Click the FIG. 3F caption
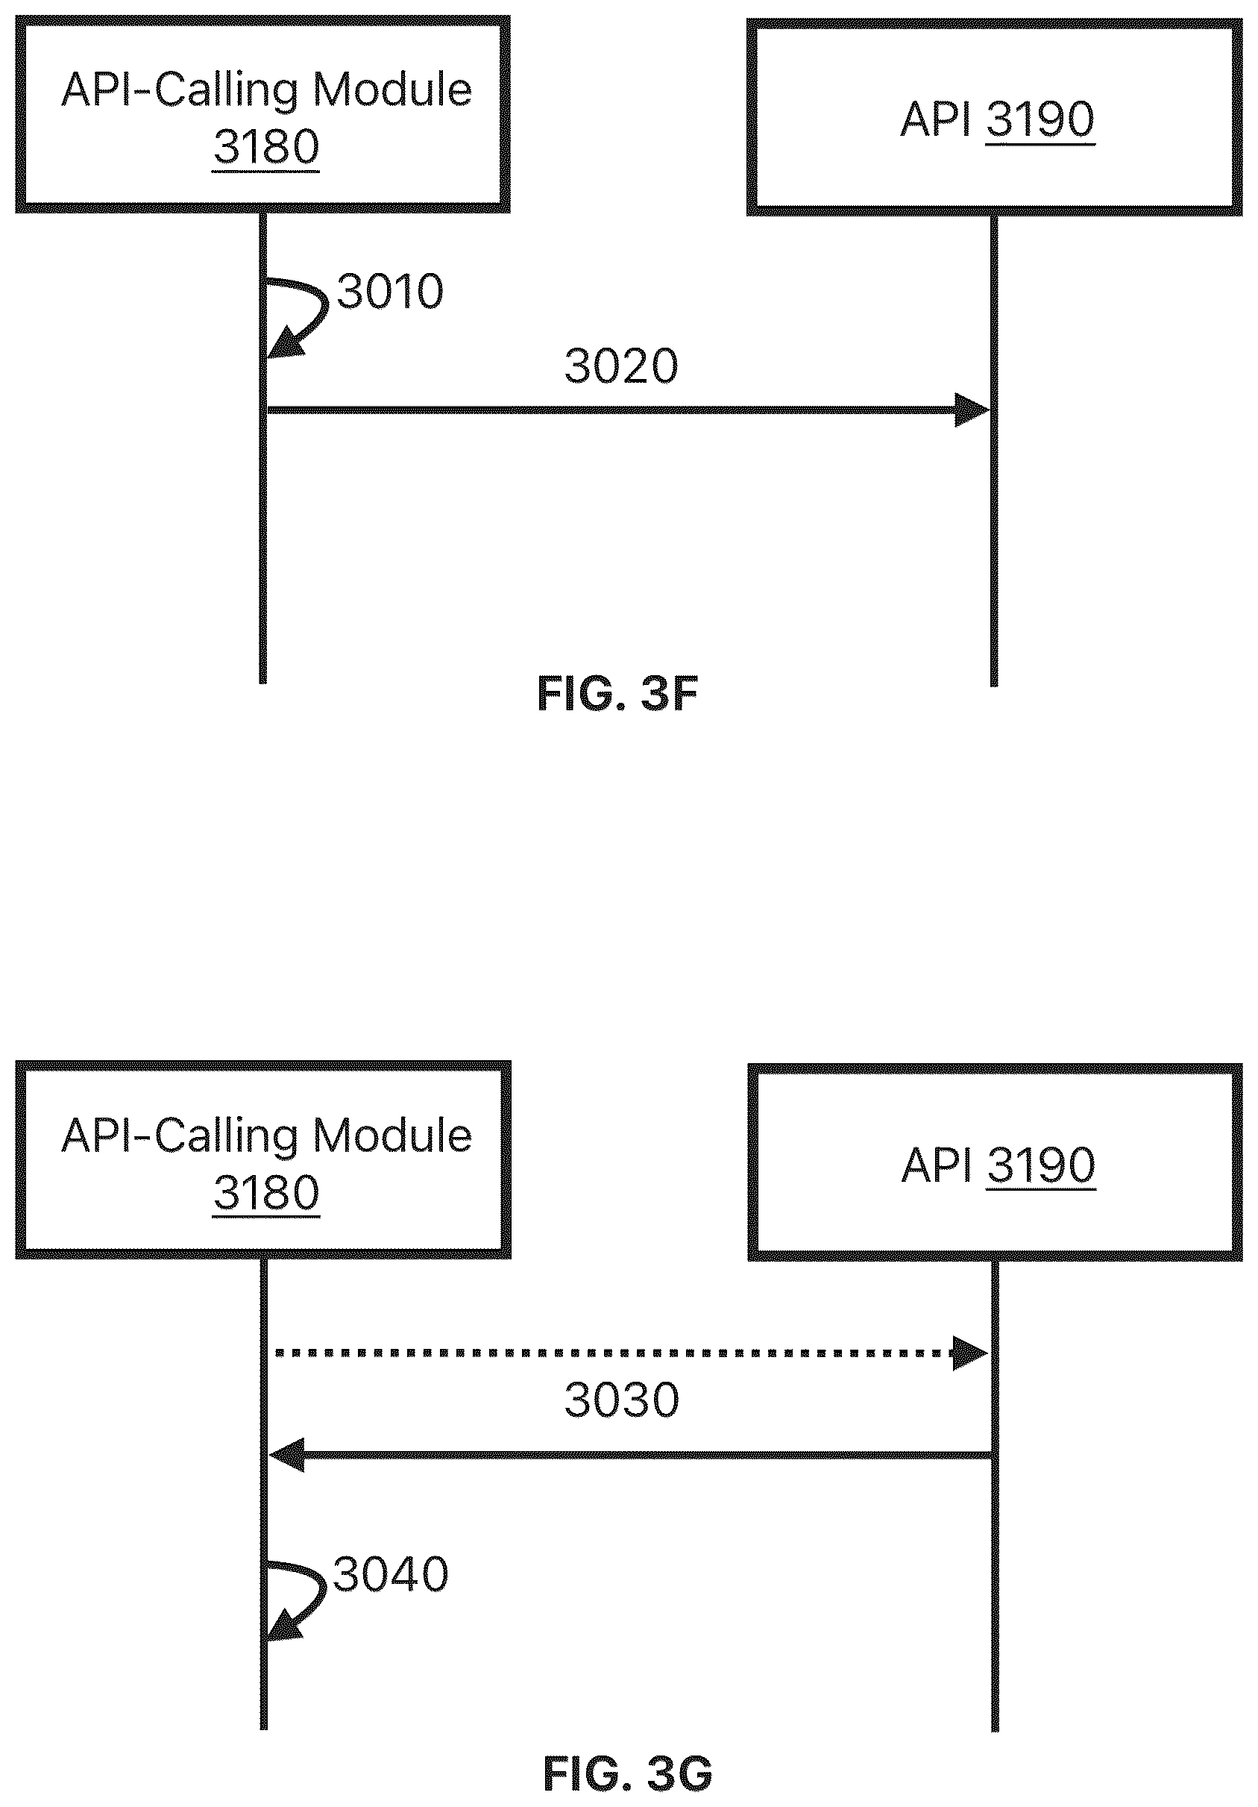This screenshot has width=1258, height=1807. pyautogui.click(x=617, y=694)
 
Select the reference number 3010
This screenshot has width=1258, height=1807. pyautogui.click(x=390, y=292)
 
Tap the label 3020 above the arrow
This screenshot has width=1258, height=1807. pyautogui.click(x=621, y=367)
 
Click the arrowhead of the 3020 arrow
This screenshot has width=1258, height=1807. pyautogui.click(x=972, y=410)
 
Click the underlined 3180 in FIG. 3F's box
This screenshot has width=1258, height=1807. pyautogui.click(x=266, y=147)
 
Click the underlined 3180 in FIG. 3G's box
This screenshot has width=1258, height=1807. pyautogui.click(x=266, y=1193)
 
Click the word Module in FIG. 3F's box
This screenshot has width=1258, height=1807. pyautogui.click(x=392, y=90)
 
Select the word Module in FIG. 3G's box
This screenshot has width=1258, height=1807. pyautogui.click(x=392, y=1136)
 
